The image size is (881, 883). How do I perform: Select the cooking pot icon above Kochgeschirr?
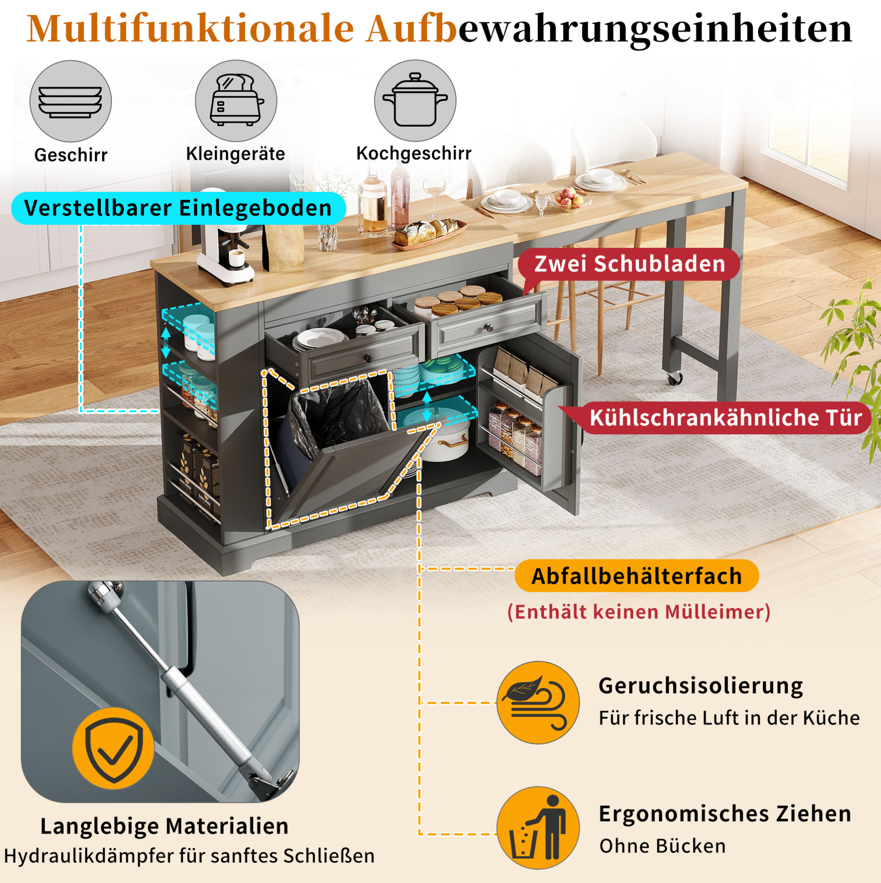coord(415,100)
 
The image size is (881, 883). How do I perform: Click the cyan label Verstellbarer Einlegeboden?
coord(178,208)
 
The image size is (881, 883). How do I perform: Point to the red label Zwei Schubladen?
coord(629,264)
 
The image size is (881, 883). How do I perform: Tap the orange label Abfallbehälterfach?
coord(637,576)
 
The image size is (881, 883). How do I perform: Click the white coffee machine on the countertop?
coord(225,238)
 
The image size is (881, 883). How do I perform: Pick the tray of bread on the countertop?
coord(429,235)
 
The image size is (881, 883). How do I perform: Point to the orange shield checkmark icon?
coord(113,748)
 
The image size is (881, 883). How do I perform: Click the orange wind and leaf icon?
coord(538,702)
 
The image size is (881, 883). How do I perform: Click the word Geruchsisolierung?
coord(700,686)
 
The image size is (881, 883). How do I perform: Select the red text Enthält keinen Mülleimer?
coord(638,612)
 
